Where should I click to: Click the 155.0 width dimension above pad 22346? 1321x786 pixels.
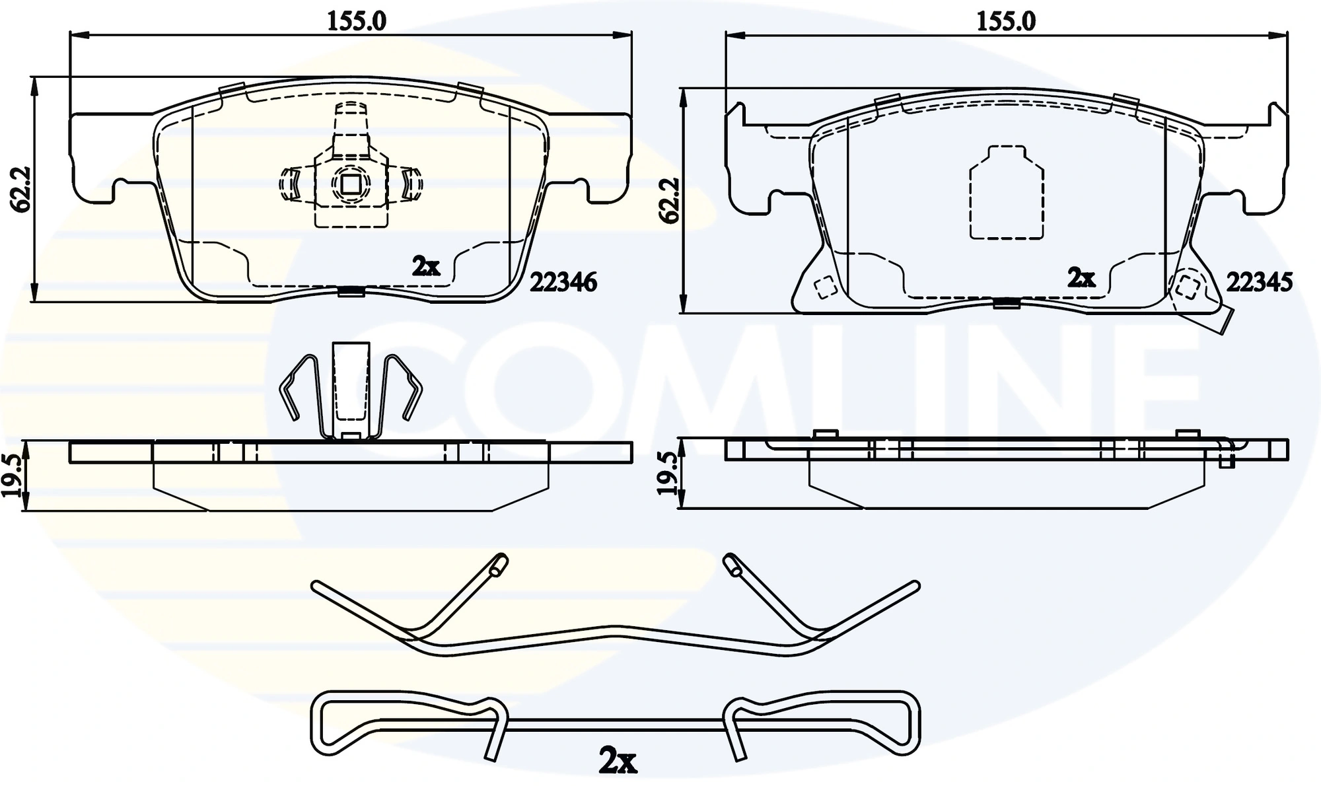[x=357, y=21]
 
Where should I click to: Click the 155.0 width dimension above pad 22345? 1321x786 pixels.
[x=1006, y=21]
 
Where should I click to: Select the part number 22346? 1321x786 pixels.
[x=563, y=283]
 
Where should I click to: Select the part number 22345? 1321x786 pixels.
[x=1259, y=283]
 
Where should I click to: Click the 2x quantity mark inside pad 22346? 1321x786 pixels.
[x=425, y=267]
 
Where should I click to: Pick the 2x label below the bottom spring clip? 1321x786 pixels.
[x=617, y=762]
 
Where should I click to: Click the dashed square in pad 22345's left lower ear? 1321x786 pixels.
[x=824, y=287]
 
